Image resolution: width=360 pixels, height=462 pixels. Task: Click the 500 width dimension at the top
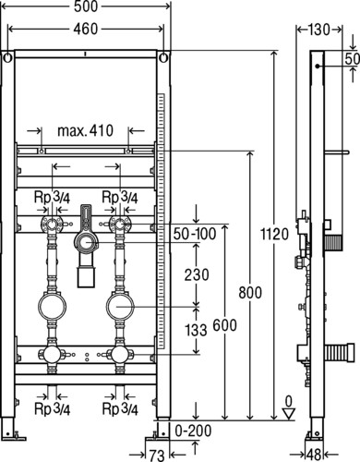pos(86,6)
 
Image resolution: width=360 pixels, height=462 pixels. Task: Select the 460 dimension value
pos(86,29)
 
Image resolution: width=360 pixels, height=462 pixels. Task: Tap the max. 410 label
pos(86,130)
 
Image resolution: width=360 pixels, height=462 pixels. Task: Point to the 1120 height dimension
pos(275,234)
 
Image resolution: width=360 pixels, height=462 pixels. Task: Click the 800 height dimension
pos(250,292)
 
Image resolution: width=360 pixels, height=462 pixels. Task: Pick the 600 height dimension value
pos(225,325)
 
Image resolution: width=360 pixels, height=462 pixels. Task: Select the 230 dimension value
pos(197,274)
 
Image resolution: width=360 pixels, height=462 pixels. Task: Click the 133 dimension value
pos(196,330)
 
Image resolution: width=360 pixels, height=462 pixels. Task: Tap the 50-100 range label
pos(195,234)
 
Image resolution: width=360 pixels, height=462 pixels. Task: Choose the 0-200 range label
pos(193,431)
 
